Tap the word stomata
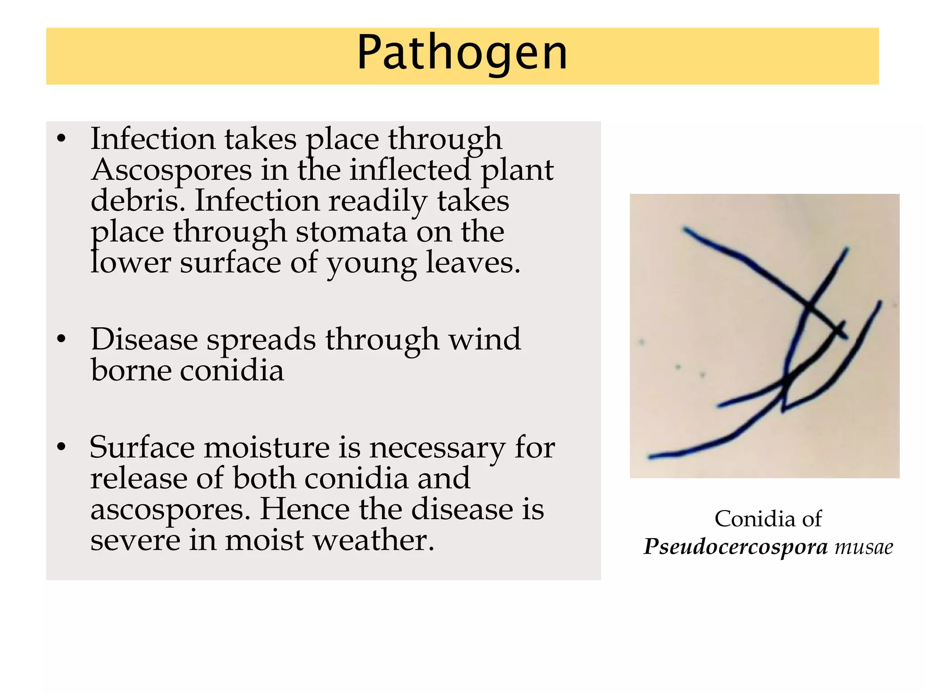click(x=351, y=232)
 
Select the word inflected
click(x=410, y=171)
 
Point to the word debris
click(x=138, y=201)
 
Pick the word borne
click(x=131, y=370)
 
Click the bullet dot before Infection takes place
click(x=61, y=138)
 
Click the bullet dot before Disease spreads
click(x=61, y=339)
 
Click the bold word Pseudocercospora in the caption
click(x=736, y=547)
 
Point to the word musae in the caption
click(x=864, y=547)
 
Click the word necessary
click(x=437, y=448)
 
